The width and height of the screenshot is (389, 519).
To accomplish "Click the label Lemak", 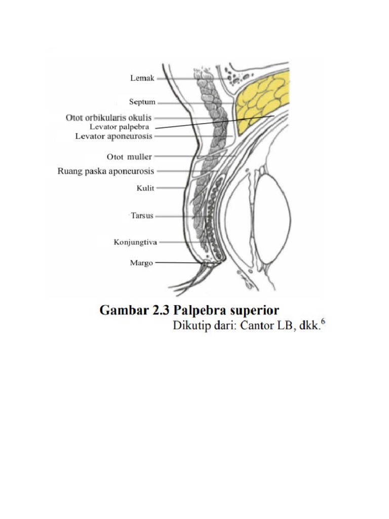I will (142, 78).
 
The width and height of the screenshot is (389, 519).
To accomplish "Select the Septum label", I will (142, 102).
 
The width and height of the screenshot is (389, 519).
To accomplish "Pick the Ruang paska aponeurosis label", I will (105, 171).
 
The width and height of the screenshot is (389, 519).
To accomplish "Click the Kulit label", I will (145, 188).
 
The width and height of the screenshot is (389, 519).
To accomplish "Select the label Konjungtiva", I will (135, 242).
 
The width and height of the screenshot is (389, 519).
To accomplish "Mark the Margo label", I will (141, 263).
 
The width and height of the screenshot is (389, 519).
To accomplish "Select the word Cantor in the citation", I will (258, 325).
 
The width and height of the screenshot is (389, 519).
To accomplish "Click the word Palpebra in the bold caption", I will (201, 311).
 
